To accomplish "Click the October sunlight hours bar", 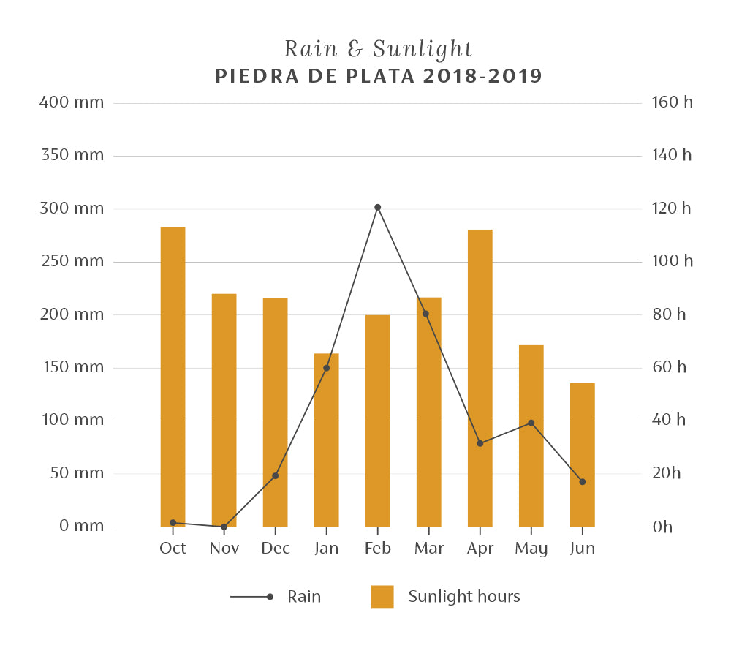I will tap(173, 377).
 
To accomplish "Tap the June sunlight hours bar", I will tap(582, 454).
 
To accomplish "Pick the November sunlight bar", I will tap(224, 410).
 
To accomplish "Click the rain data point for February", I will tap(377, 207).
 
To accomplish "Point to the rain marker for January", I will tap(326, 368).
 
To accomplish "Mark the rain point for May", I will tap(531, 423).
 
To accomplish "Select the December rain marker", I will tap(275, 476).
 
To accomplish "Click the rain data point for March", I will tap(425, 314).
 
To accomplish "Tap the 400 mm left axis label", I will tap(72, 102).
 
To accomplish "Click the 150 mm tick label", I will tap(72, 367).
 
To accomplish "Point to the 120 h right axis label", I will tap(671, 208).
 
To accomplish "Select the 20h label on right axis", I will tap(666, 473).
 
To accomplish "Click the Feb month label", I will tap(377, 549).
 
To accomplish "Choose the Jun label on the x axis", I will tap(582, 549).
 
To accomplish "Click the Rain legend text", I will tap(304, 597).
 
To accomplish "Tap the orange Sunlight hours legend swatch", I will tap(382, 597).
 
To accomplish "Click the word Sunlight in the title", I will tap(423, 50).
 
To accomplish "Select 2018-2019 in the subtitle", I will tap(482, 76).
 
